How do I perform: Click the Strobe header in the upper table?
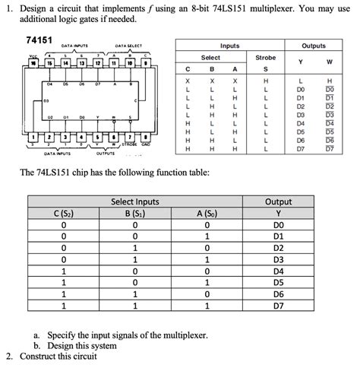[x=265, y=57]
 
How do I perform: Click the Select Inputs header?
[x=135, y=202]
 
